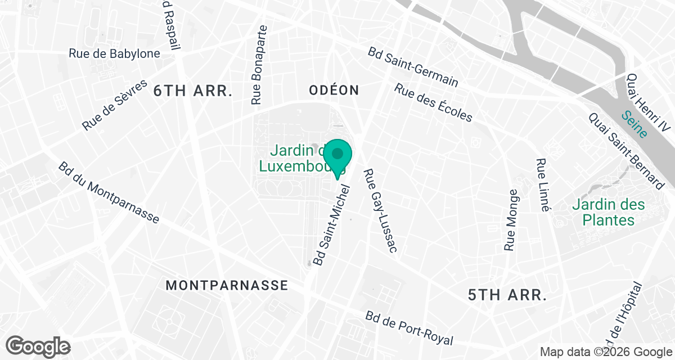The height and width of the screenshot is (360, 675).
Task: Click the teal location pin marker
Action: click(x=337, y=155)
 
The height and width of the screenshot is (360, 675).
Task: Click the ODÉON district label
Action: click(x=334, y=90)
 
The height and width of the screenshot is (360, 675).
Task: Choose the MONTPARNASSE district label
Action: click(x=227, y=285)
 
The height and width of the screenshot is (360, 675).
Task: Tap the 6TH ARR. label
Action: click(x=193, y=91)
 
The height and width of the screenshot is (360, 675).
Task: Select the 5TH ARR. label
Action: click(x=507, y=294)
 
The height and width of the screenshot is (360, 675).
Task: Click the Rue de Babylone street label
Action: click(x=114, y=53)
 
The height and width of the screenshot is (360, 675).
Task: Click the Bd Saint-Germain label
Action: click(x=413, y=67)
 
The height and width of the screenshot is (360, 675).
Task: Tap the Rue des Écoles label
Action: click(x=433, y=103)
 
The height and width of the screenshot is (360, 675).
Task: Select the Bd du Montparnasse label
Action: click(x=109, y=193)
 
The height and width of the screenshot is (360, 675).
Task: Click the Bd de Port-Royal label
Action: click(x=409, y=328)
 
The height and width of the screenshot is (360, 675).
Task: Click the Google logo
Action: click(x=38, y=345)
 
